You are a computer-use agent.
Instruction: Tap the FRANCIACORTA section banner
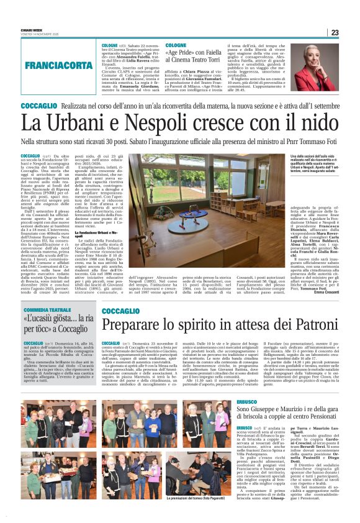(x=59, y=65)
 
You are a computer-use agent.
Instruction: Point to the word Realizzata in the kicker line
(x=83, y=106)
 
